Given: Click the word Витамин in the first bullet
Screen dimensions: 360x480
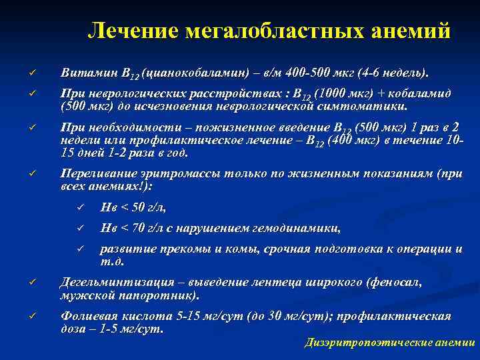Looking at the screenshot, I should coord(85,71).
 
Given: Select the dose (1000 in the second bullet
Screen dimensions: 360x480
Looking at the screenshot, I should coord(331,94).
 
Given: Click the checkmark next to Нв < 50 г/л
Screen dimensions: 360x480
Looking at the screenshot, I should coord(79,208).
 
